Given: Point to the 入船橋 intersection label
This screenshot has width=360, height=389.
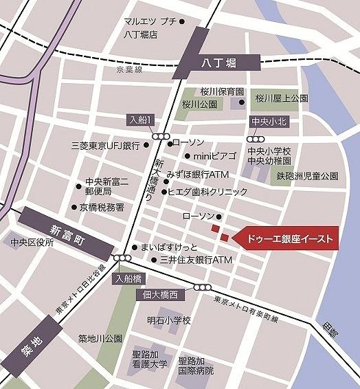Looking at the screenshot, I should coord(128,278).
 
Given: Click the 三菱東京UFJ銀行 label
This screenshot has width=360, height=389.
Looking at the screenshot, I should coord(105,146).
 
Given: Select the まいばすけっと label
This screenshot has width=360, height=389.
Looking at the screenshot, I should coord(169,247).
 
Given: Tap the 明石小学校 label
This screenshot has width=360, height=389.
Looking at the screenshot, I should coord(168,321).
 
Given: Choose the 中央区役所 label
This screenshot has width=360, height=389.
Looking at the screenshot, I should coord(32,242).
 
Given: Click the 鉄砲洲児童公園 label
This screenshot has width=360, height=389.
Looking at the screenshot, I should coord(308,176).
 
